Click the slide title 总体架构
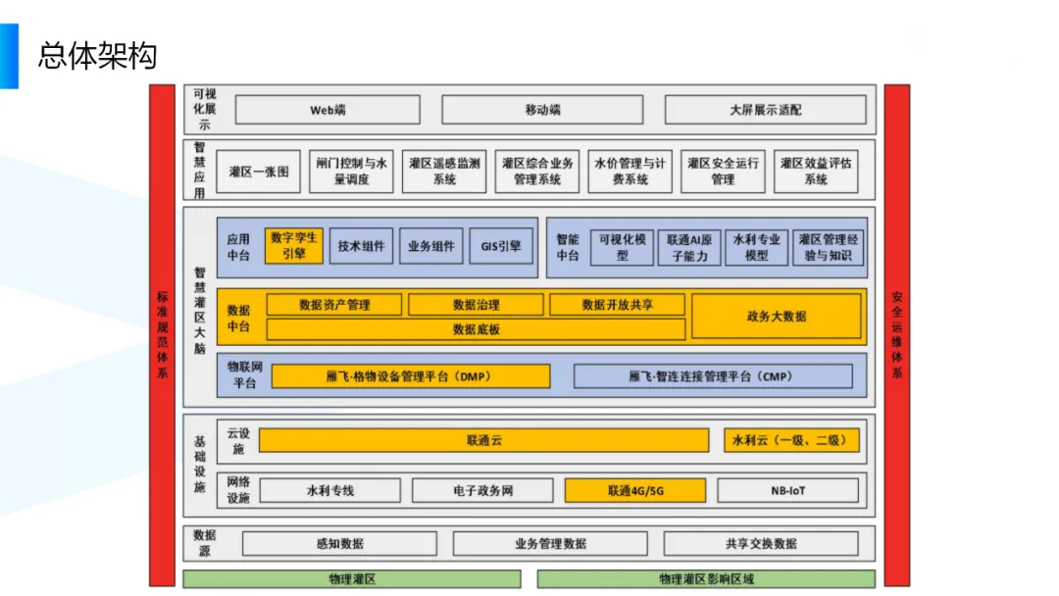click(97, 55)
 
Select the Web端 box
click(328, 110)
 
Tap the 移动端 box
click(542, 110)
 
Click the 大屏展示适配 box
click(765, 110)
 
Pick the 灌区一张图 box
click(259, 172)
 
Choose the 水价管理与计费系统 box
click(630, 172)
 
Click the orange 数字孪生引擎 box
click(293, 245)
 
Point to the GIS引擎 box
click(501, 246)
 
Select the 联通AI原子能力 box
click(689, 247)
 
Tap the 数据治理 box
click(476, 305)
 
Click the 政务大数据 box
click(777, 317)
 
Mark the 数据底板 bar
click(477, 329)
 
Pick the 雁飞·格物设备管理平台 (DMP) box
click(410, 376)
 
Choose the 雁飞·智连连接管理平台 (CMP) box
click(712, 376)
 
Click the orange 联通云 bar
click(483, 441)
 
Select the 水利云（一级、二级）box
click(790, 441)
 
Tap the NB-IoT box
click(788, 490)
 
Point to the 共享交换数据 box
click(761, 543)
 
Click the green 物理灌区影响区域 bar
click(706, 579)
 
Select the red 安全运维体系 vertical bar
click(896, 333)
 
